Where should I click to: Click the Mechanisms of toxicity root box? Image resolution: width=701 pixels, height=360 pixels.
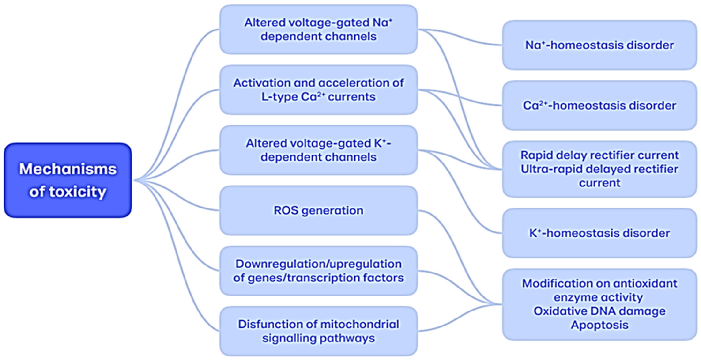click(x=68, y=180)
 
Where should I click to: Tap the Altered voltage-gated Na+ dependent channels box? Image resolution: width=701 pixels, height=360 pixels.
click(x=318, y=29)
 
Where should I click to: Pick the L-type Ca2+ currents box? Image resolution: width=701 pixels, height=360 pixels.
click(x=318, y=90)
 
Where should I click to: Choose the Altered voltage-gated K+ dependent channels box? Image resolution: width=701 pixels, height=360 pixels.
click(x=318, y=150)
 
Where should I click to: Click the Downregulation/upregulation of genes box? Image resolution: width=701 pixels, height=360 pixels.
click(x=318, y=271)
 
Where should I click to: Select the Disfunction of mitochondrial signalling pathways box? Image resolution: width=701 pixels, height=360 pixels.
click(x=318, y=331)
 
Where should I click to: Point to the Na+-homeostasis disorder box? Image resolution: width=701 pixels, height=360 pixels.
click(x=599, y=45)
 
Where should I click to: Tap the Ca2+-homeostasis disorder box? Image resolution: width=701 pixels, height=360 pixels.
click(x=599, y=105)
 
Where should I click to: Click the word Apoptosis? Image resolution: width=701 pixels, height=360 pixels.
click(x=599, y=325)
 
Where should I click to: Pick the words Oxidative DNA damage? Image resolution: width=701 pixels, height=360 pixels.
click(x=599, y=311)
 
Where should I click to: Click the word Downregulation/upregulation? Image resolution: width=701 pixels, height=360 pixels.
click(x=318, y=264)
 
